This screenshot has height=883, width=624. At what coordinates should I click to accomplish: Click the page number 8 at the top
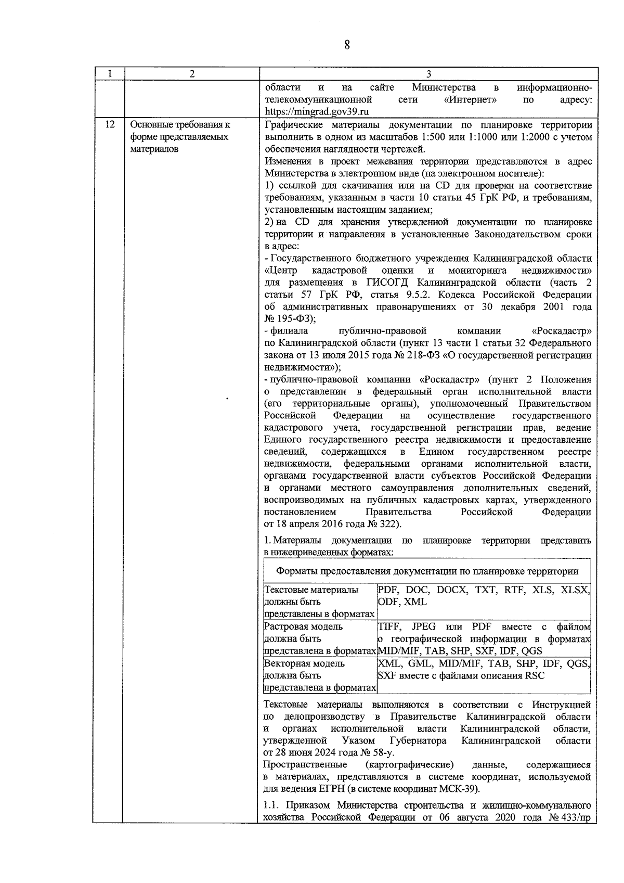(x=347, y=45)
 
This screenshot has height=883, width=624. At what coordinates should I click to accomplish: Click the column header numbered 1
(x=109, y=74)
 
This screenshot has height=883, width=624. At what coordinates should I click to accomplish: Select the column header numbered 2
(x=192, y=74)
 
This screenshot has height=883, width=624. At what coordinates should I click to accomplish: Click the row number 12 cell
(x=110, y=125)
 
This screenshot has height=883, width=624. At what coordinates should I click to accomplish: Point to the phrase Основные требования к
(x=180, y=125)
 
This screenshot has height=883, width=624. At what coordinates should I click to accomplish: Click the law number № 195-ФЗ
(x=289, y=319)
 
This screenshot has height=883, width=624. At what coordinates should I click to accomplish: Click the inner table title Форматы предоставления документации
(x=427, y=571)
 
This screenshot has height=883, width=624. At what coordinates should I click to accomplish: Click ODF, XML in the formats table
(x=402, y=602)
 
